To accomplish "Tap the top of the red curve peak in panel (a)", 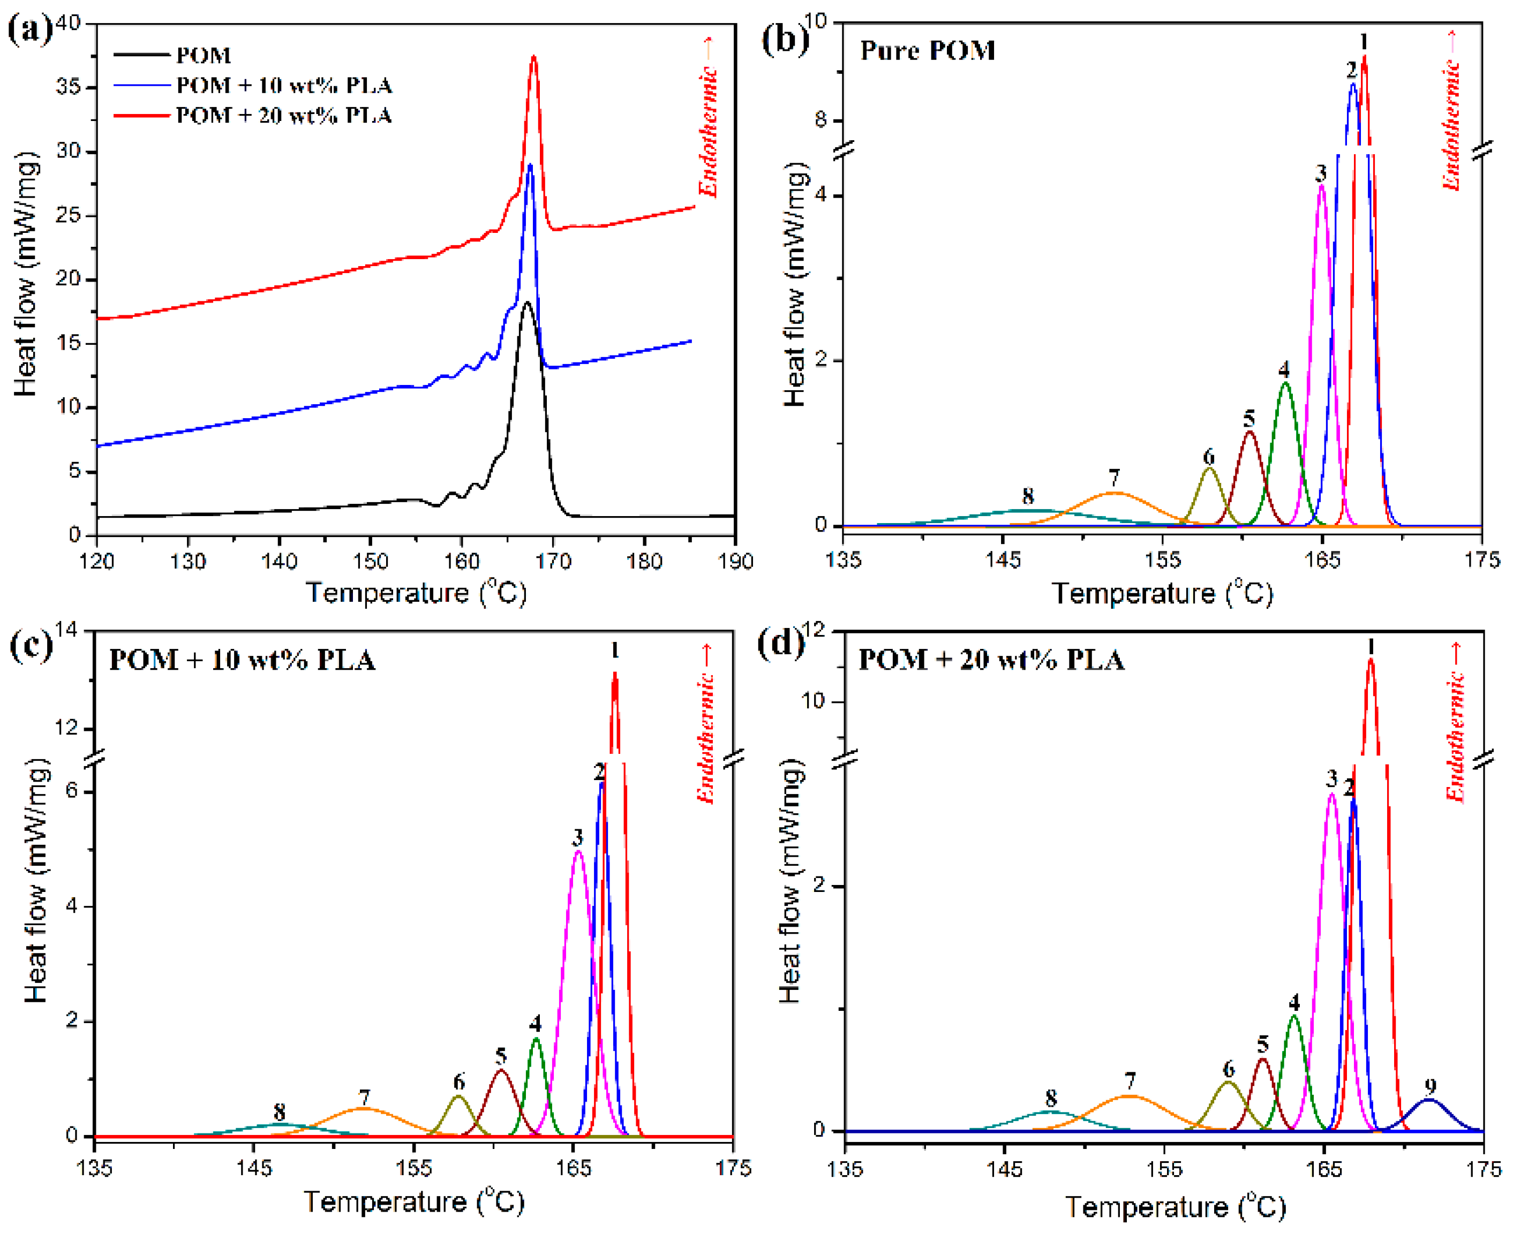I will point(533,57).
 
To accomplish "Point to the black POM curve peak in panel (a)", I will point(526,303).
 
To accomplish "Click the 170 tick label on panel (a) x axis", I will point(553,562).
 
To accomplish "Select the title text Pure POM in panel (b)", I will point(927,50).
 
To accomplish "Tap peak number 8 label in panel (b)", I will point(1027,496).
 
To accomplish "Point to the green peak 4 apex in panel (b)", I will point(1284,383).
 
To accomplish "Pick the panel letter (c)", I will point(30,645).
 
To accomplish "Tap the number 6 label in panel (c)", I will point(459,1081).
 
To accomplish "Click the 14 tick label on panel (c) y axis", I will point(69,631).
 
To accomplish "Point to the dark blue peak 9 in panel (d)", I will point(1428,1100).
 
